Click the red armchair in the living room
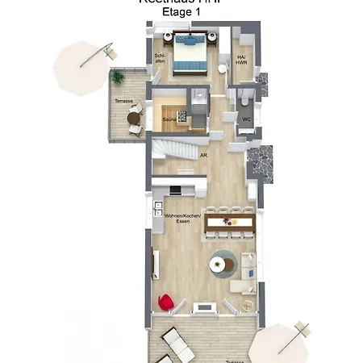(x=165, y=302)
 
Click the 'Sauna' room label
(x=169, y=119)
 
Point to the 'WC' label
(x=247, y=120)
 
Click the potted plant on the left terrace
(x=119, y=77)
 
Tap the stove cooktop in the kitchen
(x=175, y=190)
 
